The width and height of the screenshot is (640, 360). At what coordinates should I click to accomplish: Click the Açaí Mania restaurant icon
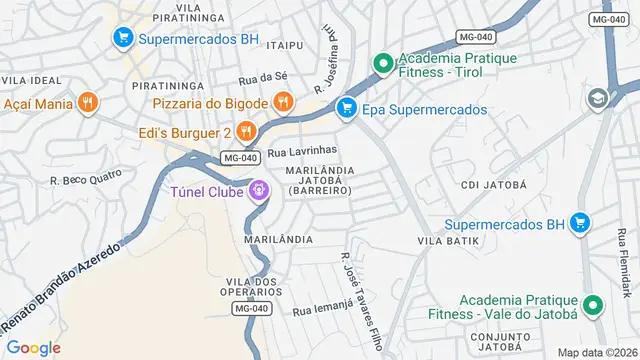(88, 102)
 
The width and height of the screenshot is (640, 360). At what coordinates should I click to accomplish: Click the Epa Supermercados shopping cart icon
(346, 108)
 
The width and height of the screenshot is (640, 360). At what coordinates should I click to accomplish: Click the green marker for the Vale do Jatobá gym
(592, 307)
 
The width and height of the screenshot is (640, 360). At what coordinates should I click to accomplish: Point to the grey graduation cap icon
(597, 99)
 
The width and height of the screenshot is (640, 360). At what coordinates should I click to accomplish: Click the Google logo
(33, 347)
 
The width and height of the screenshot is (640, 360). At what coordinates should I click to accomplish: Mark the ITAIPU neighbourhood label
(284, 45)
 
